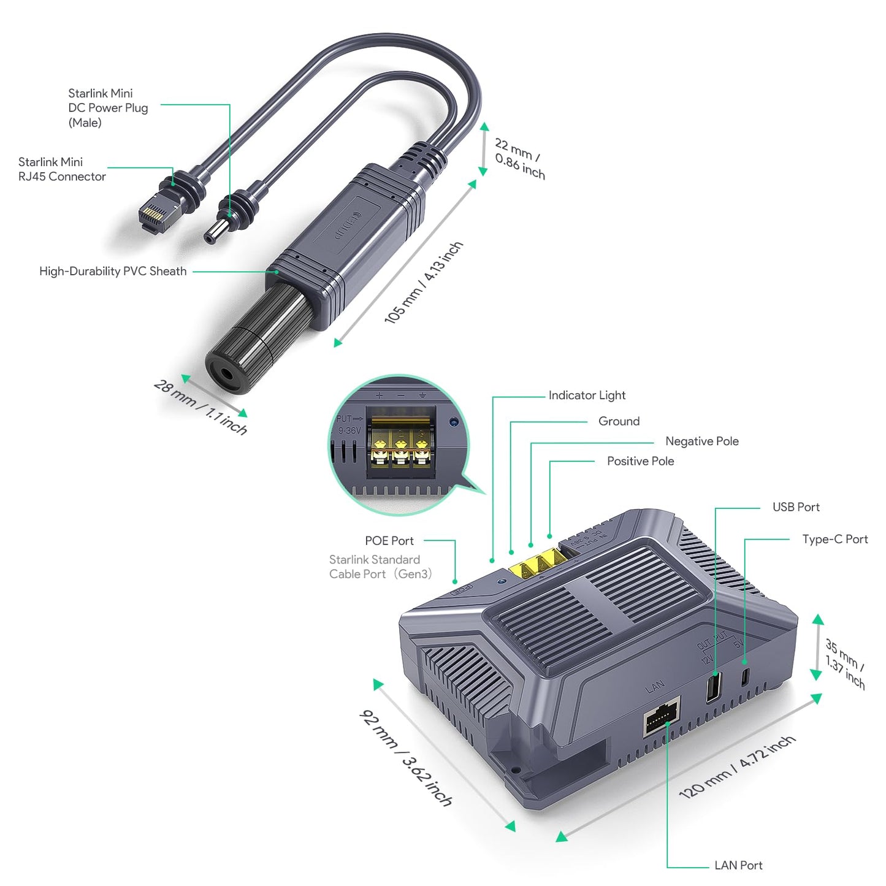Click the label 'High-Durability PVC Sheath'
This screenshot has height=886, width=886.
113,271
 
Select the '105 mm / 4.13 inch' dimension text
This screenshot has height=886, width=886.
423,283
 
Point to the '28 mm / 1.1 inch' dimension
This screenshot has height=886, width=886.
200,407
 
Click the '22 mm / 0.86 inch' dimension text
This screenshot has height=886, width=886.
519,158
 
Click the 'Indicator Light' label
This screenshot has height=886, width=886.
587,395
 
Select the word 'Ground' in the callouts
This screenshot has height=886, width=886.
619,421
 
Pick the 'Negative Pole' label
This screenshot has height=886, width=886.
701,441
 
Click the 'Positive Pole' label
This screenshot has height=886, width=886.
640,461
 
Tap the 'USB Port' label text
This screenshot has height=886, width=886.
795,507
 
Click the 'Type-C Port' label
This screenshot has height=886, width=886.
834,539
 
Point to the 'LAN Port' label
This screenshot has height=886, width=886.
738,865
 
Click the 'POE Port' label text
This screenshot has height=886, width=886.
389,541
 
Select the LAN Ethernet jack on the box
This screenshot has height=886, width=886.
662,716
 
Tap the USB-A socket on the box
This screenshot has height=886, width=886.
714,687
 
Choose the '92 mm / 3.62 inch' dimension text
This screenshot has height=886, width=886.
405,758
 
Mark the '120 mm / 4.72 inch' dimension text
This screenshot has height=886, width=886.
738,767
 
